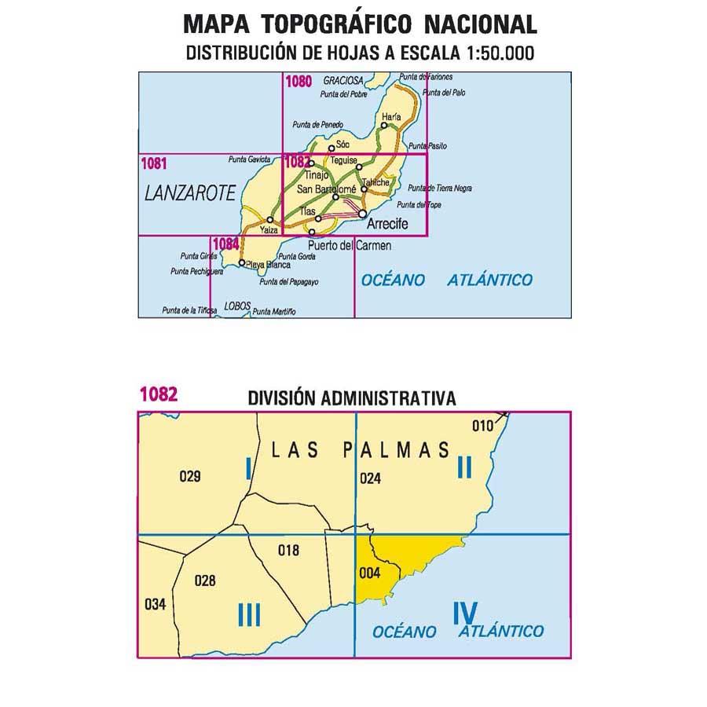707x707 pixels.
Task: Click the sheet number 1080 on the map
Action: click(299, 80)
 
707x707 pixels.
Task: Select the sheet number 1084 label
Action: click(225, 244)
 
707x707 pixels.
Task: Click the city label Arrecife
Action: click(387, 224)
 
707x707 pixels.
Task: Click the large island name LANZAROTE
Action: click(191, 194)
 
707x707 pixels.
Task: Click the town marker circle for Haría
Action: click(385, 124)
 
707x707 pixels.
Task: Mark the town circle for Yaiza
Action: click(271, 220)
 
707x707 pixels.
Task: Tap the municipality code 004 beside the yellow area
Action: click(369, 573)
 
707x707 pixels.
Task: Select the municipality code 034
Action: click(156, 604)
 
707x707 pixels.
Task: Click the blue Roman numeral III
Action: click(248, 614)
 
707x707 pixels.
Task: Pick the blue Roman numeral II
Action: click(464, 468)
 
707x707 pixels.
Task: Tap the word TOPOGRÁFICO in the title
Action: click(336, 24)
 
